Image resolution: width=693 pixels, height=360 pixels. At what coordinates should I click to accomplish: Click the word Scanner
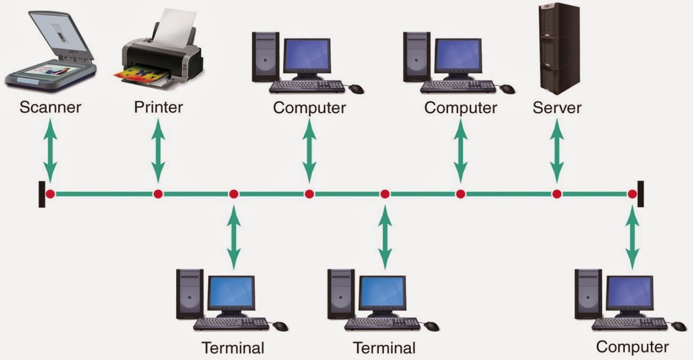click(50, 108)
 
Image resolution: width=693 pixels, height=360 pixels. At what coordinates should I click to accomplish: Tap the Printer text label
click(158, 108)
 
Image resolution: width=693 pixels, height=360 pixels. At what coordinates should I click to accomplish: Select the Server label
click(557, 108)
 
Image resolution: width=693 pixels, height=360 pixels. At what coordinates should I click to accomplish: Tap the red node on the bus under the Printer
click(158, 194)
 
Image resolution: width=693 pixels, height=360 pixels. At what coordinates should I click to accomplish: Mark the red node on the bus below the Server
click(557, 194)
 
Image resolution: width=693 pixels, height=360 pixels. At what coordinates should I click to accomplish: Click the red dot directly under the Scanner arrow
click(50, 194)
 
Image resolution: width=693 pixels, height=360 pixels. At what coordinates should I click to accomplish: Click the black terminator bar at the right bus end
click(640, 194)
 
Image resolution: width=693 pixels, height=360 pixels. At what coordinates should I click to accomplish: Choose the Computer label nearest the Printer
click(309, 108)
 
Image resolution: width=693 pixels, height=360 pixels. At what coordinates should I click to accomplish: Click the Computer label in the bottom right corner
click(632, 347)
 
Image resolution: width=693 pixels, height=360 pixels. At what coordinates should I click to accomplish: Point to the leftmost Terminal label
click(233, 348)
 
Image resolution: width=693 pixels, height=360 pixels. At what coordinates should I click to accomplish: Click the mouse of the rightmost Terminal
click(432, 326)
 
